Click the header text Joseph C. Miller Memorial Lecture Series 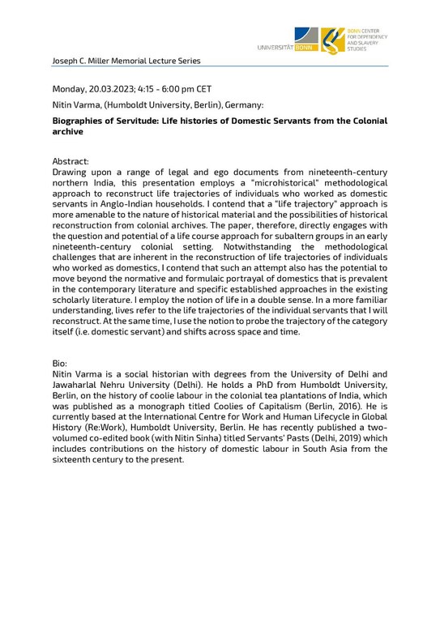[126, 61]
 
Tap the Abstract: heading [70, 161]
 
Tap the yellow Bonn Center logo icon [331, 40]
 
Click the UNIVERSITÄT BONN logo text [287, 48]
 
